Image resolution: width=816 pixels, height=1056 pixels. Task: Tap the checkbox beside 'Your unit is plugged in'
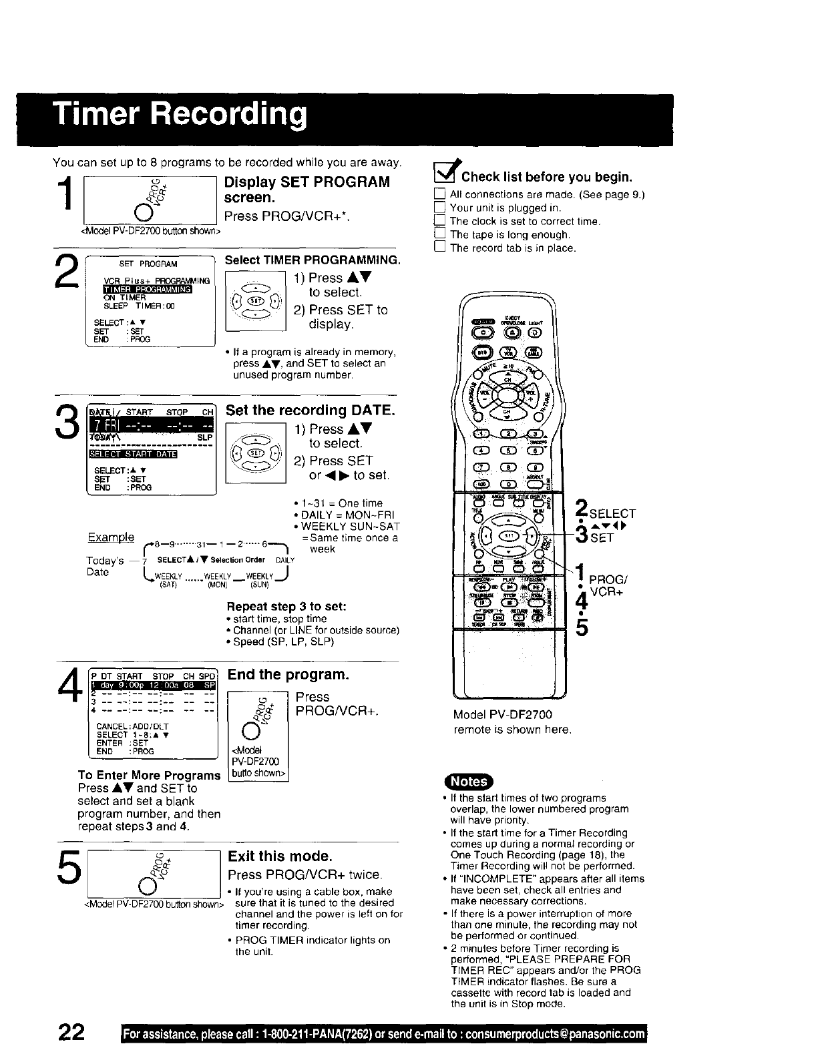(x=439, y=208)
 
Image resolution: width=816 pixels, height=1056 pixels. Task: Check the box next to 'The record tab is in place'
(x=439, y=248)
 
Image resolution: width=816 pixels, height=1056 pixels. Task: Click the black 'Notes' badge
(x=469, y=782)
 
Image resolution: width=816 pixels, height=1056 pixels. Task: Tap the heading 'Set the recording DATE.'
(x=311, y=410)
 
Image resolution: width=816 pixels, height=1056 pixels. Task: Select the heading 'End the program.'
(x=288, y=674)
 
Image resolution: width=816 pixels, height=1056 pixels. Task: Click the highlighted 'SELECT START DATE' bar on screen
(x=132, y=455)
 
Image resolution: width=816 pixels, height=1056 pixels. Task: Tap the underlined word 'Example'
(x=110, y=537)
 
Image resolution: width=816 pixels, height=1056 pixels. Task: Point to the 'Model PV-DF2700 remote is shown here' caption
(x=512, y=722)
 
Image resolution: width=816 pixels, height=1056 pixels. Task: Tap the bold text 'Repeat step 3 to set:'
(x=286, y=607)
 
